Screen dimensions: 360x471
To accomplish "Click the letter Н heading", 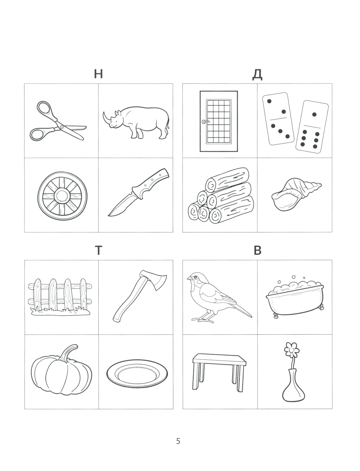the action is pos(98,74).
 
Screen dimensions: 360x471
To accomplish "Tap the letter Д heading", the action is pos(257,75).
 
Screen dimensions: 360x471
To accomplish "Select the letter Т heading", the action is pos(99,250).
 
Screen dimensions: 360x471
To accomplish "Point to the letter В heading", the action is pos(257,250).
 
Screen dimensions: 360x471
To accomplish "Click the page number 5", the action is pos(178,441).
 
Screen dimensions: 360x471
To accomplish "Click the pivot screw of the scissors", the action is pos(62,127).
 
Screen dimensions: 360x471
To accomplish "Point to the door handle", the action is pos(205,122).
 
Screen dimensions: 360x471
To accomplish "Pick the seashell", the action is pos(296,195).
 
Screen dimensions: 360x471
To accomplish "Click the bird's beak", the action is pos(189,278).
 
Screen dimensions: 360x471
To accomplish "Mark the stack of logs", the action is pos(221,195).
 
